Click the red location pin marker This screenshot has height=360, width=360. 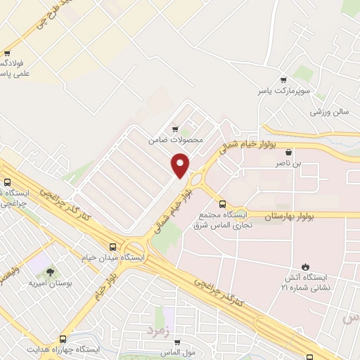181,165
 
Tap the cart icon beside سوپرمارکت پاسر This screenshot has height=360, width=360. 283,80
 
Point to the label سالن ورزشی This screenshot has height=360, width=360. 330,112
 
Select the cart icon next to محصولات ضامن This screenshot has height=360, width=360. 175,129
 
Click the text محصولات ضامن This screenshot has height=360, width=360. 175,140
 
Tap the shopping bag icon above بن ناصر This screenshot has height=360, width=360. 288,151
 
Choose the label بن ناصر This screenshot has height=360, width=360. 288,163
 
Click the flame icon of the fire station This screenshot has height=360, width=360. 304,266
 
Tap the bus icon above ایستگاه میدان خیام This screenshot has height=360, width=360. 113,246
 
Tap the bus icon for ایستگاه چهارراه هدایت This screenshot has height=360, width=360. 63,338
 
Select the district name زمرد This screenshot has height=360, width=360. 158,329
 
